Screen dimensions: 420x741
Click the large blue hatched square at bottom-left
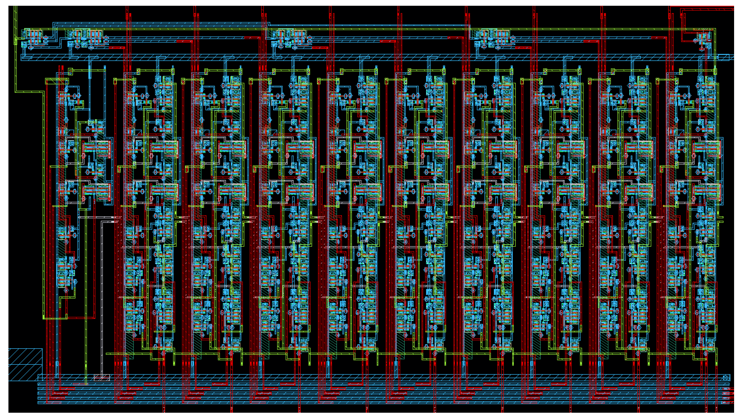tap(25, 364)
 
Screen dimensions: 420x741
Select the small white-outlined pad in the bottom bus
tap(102, 378)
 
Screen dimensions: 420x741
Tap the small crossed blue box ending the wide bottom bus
tap(726, 378)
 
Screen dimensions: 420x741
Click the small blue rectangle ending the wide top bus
tap(723, 58)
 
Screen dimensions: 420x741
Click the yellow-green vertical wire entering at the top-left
tap(15, 46)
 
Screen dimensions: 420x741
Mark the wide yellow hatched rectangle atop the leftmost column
tap(57, 81)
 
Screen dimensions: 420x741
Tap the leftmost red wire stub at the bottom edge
tap(164, 410)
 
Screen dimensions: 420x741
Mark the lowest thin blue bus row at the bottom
tap(345, 403)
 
